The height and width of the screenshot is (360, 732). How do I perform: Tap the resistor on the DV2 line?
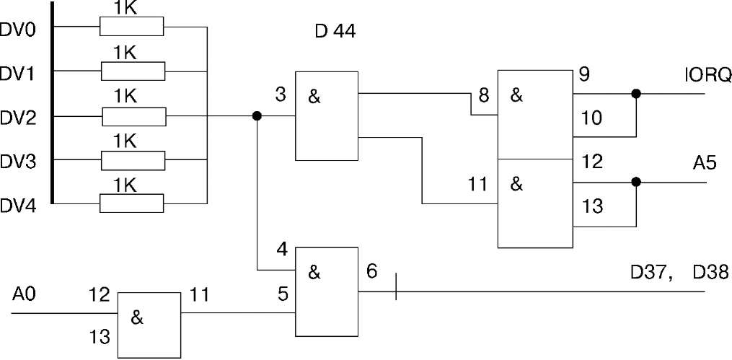tap(133, 116)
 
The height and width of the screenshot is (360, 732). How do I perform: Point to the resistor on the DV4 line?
tap(133, 204)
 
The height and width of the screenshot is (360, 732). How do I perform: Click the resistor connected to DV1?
tap(133, 71)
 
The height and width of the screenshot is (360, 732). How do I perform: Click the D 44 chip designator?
tap(335, 32)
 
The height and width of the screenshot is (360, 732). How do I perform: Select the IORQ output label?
tap(709, 74)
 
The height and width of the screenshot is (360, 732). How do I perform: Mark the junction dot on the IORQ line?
tap(635, 94)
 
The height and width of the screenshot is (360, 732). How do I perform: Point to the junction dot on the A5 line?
tap(635, 182)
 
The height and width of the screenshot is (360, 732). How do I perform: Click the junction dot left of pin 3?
tap(256, 115)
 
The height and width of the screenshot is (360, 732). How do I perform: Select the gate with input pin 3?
tap(327, 115)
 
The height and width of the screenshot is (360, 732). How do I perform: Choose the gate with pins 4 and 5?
tap(327, 291)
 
